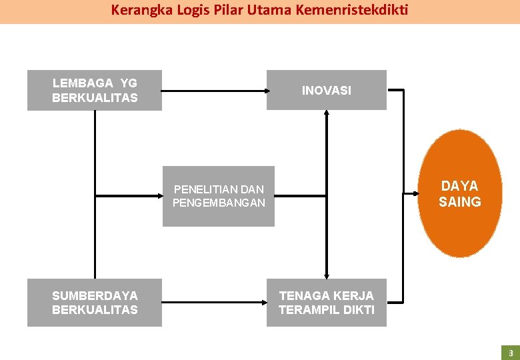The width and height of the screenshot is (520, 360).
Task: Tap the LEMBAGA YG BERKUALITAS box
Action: tap(95, 90)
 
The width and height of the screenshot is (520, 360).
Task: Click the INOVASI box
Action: tap(326, 90)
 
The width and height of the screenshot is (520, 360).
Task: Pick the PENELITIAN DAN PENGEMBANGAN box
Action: tap(218, 196)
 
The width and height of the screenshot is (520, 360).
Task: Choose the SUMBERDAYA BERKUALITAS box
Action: tap(95, 302)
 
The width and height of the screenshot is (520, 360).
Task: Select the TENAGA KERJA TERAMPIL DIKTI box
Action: tap(326, 302)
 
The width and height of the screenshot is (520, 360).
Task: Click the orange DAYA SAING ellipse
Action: tap(460, 193)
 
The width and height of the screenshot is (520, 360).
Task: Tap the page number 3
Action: tap(510, 353)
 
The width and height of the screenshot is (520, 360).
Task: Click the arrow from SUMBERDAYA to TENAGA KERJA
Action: tap(213, 302)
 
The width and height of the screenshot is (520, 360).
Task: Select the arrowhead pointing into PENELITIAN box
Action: tap(159, 196)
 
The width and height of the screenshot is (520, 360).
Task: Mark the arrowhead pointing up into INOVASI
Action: tap(327, 114)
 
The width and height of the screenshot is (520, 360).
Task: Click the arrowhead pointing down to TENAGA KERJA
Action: tap(327, 275)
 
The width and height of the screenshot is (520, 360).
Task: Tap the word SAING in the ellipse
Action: tap(460, 201)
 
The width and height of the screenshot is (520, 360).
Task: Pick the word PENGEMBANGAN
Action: tap(219, 203)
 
